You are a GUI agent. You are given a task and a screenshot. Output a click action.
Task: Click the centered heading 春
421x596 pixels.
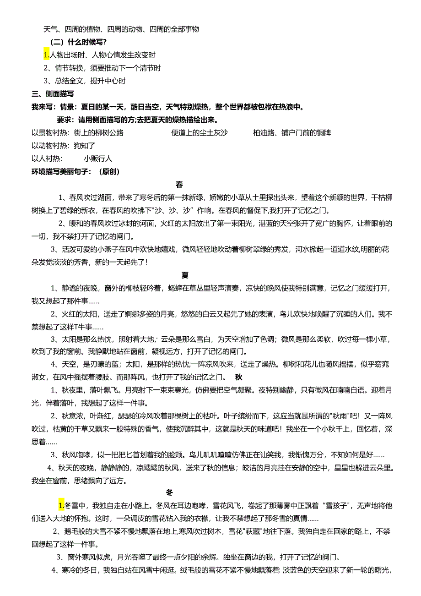coord(179,185)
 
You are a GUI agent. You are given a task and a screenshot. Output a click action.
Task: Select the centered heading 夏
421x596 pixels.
coord(185,275)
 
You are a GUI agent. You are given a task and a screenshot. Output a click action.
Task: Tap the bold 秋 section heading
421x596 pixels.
coord(238,377)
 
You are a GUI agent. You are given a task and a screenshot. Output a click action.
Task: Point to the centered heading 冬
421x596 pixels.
coord(169,493)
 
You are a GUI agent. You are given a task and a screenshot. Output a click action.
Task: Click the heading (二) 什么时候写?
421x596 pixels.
coord(78,42)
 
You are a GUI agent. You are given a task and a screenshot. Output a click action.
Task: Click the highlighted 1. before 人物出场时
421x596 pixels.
coord(46,55)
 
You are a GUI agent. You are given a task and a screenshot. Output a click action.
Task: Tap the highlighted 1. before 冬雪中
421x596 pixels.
coord(61,506)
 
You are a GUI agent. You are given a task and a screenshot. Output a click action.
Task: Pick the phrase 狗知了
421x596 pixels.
coord(84,146)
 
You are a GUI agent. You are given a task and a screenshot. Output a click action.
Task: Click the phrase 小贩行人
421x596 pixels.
coord(98,159)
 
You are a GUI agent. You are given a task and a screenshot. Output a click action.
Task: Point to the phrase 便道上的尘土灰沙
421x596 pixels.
coord(199,133)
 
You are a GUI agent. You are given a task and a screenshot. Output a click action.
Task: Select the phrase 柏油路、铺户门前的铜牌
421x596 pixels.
coord(292,133)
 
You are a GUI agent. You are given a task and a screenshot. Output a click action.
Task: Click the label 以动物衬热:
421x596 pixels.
coord(51,146)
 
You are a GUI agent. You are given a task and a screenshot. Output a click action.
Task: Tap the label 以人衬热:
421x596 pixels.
coord(46,159)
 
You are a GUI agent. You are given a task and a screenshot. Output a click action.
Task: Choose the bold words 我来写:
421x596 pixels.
coord(43,107)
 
